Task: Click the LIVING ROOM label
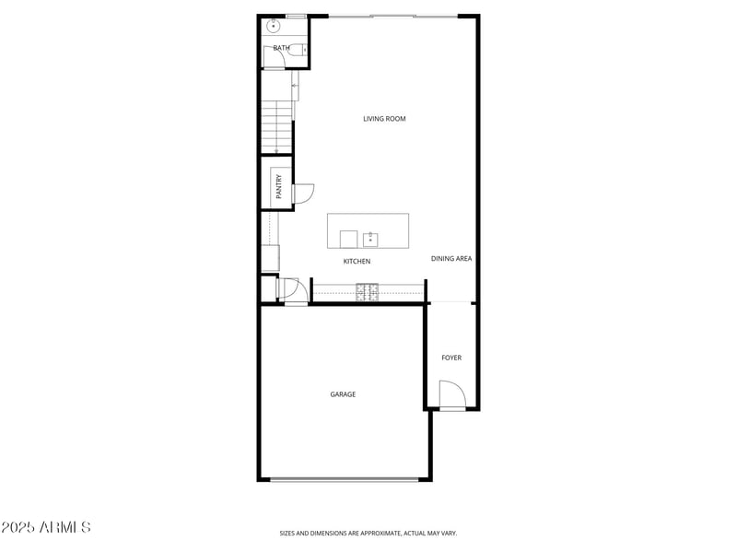tap(384, 119)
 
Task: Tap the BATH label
tap(281, 48)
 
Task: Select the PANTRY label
tap(279, 187)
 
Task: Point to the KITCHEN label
tap(357, 262)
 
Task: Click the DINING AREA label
tap(451, 259)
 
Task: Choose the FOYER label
tap(451, 358)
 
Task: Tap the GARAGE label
tap(343, 394)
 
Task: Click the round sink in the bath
tap(275, 26)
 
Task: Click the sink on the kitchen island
tap(370, 240)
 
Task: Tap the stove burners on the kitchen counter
tap(368, 292)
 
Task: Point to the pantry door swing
tap(303, 194)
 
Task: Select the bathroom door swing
tap(274, 58)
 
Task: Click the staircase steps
tap(275, 127)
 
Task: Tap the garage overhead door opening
tap(344, 479)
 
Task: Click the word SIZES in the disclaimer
tap(288, 533)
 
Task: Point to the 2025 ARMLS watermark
tap(46, 528)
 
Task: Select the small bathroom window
tap(296, 16)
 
